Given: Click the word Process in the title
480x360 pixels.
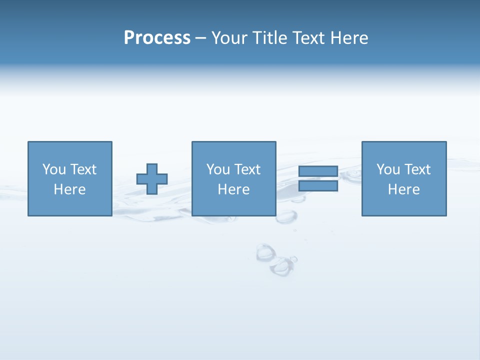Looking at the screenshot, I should pyautogui.click(x=157, y=38).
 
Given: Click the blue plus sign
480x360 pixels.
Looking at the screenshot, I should pyautogui.click(x=152, y=179).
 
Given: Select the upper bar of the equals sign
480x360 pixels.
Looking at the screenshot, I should pyautogui.click(x=318, y=171).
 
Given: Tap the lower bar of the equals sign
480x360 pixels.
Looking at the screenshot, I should pyautogui.click(x=318, y=186).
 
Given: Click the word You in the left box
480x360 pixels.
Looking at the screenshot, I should pyautogui.click(x=53, y=169).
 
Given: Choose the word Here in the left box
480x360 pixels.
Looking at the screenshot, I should pyautogui.click(x=69, y=189).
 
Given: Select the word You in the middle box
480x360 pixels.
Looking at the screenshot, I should pyautogui.click(x=217, y=169).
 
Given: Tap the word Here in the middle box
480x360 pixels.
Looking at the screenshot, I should pyautogui.click(x=233, y=189).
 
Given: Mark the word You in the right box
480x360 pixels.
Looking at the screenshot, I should pyautogui.click(x=387, y=169).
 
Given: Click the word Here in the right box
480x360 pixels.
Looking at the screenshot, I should pyautogui.click(x=403, y=189).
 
